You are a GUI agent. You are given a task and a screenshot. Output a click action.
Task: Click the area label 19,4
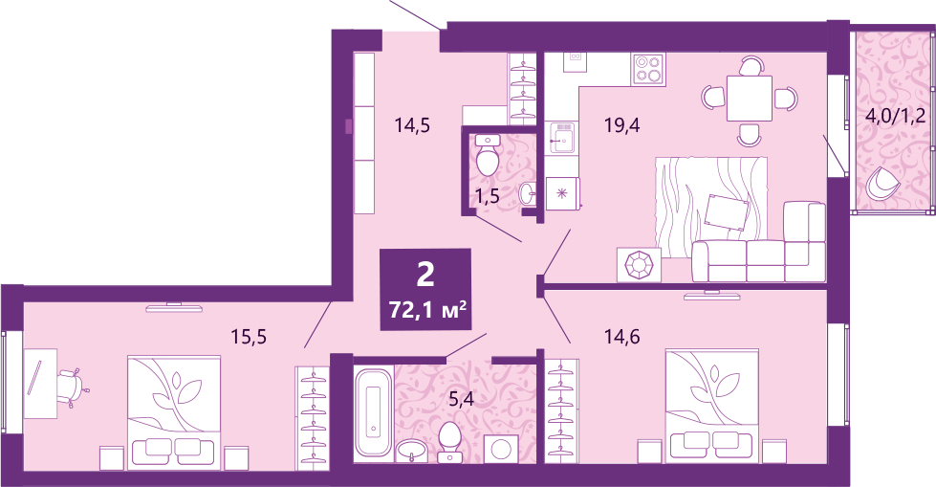[x=621, y=125]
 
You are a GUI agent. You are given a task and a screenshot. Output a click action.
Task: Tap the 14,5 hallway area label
[x=412, y=125]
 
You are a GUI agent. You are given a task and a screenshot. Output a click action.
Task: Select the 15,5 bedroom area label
[x=249, y=337]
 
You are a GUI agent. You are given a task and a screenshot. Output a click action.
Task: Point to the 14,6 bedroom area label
[x=622, y=337]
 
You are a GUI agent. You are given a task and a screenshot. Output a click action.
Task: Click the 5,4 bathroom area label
[x=461, y=399]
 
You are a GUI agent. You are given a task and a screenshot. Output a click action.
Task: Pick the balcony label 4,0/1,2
[x=896, y=115]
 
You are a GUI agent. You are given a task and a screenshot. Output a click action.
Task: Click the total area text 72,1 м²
[x=426, y=311]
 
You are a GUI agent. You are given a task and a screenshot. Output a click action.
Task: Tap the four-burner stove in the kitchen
[x=649, y=69]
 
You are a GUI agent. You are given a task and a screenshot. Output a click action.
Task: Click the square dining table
[x=750, y=100]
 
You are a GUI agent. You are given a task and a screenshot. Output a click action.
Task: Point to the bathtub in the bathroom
[x=373, y=412]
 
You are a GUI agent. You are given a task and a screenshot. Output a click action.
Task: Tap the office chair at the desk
[x=73, y=388]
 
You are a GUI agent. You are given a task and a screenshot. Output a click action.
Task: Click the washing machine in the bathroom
[x=500, y=448]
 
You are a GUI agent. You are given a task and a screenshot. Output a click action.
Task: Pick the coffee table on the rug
[x=727, y=213]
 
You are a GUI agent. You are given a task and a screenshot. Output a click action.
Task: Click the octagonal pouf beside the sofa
[x=639, y=264]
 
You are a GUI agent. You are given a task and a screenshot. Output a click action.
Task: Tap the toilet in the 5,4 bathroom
[x=449, y=442]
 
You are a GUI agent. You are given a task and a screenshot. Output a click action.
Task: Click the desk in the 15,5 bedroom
[x=40, y=383]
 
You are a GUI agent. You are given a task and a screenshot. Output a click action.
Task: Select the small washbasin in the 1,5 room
[x=527, y=193]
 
